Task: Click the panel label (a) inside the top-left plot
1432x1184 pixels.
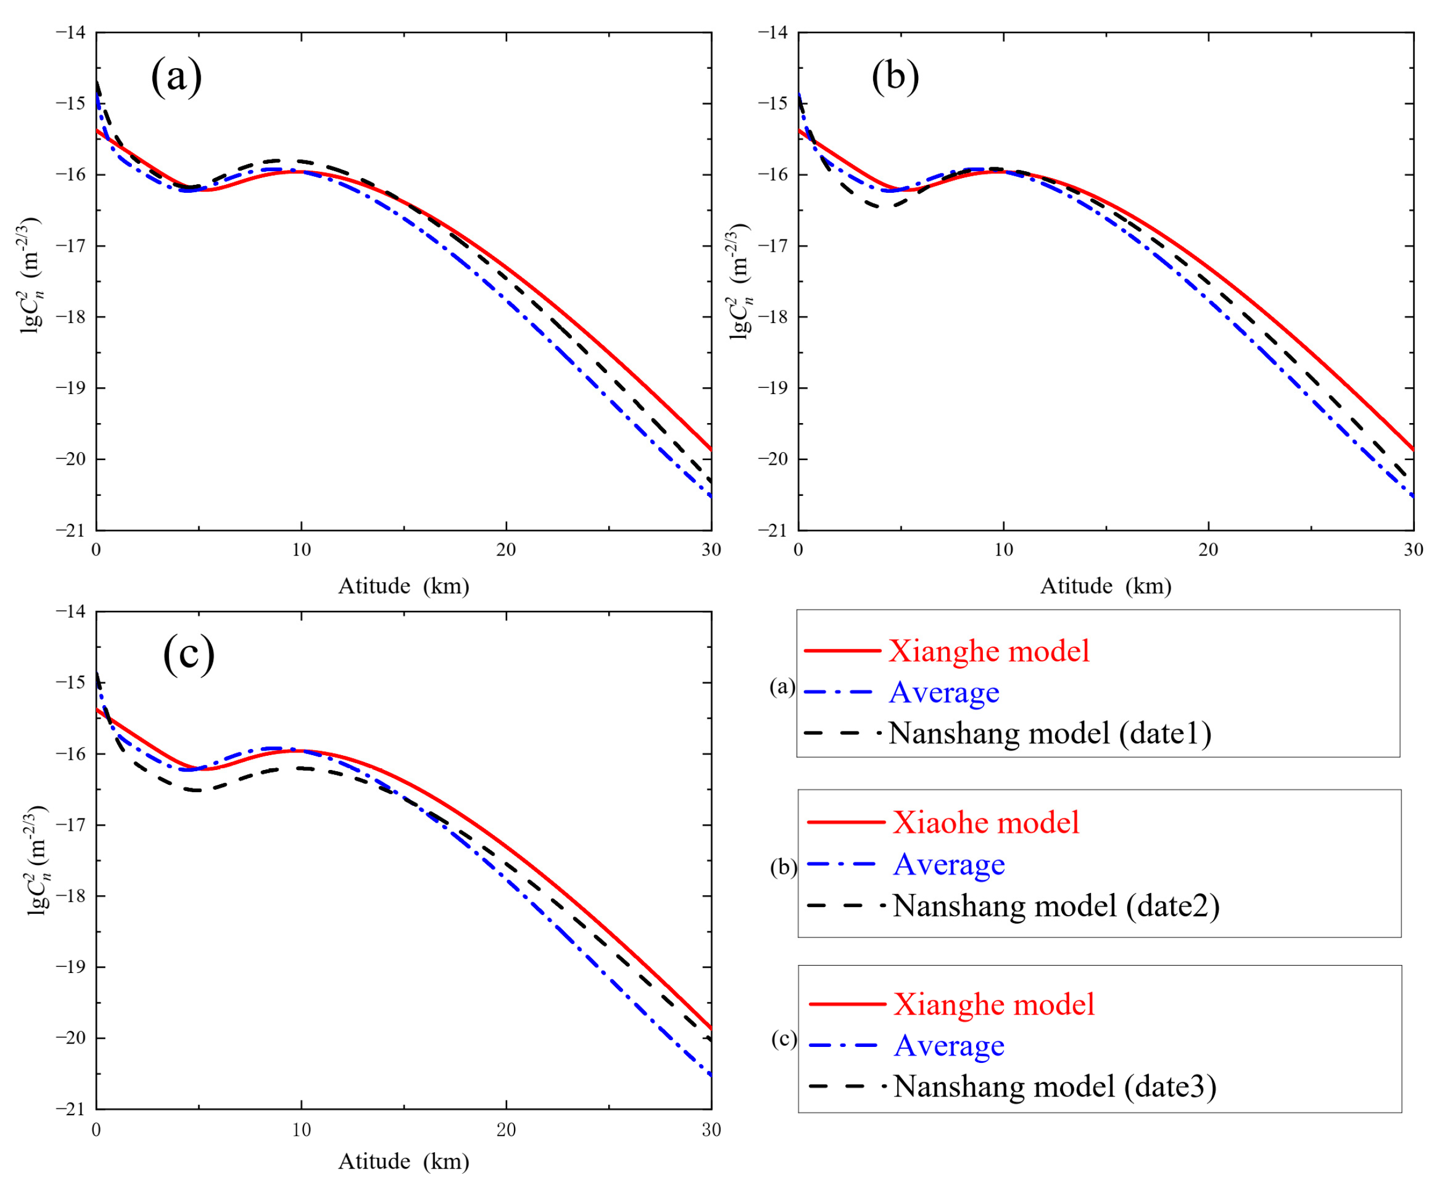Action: pyautogui.click(x=177, y=76)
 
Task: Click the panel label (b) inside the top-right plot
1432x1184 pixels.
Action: pyautogui.click(x=895, y=76)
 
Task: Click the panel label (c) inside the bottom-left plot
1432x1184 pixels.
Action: pyautogui.click(x=189, y=653)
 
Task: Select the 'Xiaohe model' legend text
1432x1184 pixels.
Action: pyautogui.click(x=986, y=822)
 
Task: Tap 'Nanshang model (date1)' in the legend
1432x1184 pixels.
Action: pyautogui.click(x=1050, y=733)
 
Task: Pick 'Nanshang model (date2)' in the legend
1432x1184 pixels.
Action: pyautogui.click(x=1056, y=906)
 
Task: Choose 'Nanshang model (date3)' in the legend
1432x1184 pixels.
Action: pyautogui.click(x=1055, y=1086)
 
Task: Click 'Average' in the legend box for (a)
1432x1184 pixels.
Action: pyautogui.click(x=944, y=692)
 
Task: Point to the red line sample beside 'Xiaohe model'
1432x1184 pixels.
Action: pyautogui.click(x=845, y=822)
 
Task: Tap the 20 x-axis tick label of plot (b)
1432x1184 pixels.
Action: pyautogui.click(x=1209, y=550)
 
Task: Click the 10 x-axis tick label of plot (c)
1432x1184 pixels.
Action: pyautogui.click(x=301, y=1130)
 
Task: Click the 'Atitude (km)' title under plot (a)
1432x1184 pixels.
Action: pyautogui.click(x=404, y=586)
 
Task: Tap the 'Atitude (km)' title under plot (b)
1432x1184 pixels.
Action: pyautogui.click(x=1105, y=586)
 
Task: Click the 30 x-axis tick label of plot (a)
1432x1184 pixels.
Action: pyautogui.click(x=711, y=550)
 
